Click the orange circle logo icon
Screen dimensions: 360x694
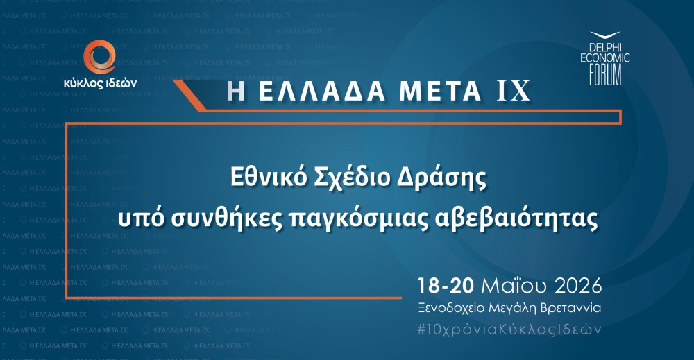tap(98, 57)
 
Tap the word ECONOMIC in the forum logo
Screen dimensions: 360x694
tap(604, 59)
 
